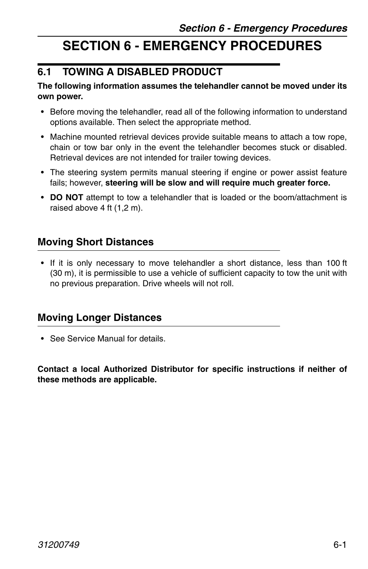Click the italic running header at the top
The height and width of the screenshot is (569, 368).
click(263, 28)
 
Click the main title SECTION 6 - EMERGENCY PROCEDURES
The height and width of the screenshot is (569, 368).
click(192, 46)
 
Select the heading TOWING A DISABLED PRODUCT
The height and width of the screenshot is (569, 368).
click(142, 72)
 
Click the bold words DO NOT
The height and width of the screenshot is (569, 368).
click(66, 198)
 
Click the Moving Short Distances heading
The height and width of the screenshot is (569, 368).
click(95, 242)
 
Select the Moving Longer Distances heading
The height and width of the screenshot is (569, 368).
click(100, 318)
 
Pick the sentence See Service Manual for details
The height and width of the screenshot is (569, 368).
click(108, 339)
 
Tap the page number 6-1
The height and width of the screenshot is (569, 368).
click(340, 544)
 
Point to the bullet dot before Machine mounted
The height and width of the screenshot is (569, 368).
click(42, 137)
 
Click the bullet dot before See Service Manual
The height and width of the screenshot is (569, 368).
click(42, 339)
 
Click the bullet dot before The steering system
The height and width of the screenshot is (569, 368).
click(42, 173)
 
